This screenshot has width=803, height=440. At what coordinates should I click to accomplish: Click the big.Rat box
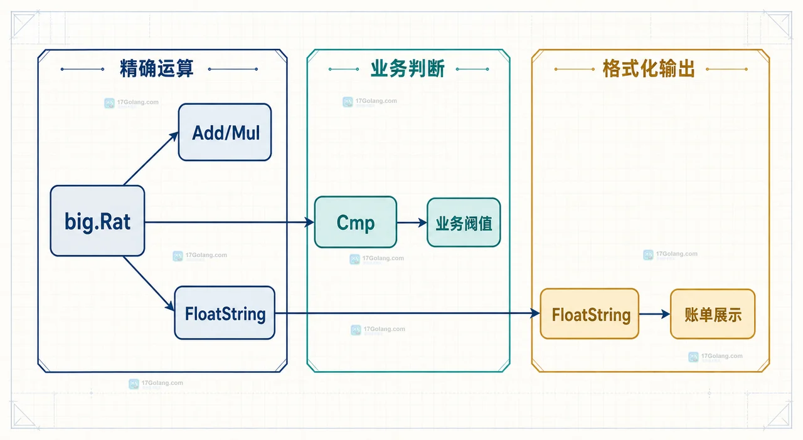[x=97, y=221]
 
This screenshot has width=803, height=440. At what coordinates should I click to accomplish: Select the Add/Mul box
[x=225, y=132]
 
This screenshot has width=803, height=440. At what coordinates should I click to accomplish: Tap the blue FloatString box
[x=225, y=313]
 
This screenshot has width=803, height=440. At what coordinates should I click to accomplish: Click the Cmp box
[x=356, y=222]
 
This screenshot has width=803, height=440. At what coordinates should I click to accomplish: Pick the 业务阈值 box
[x=464, y=223]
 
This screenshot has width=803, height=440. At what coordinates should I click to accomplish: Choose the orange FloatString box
[x=590, y=314]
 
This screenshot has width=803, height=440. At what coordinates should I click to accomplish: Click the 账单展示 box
[x=713, y=314]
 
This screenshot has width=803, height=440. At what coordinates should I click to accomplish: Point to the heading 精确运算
[x=157, y=68]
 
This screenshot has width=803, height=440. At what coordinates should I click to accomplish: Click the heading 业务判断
[x=408, y=68]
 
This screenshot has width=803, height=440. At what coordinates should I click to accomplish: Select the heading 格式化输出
[x=649, y=68]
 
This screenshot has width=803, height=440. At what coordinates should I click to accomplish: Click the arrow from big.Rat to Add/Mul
[x=151, y=159]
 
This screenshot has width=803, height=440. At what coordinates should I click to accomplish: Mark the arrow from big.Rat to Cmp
[x=230, y=222]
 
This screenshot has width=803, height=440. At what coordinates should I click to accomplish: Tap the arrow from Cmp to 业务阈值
[x=412, y=223]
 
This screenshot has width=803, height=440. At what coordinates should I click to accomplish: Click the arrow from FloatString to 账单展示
[x=654, y=314]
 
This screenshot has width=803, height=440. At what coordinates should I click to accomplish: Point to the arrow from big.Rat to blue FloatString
[x=149, y=283]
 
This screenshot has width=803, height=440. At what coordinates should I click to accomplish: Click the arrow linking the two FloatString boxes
[x=408, y=313]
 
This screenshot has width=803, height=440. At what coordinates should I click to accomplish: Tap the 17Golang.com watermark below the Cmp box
[x=377, y=259]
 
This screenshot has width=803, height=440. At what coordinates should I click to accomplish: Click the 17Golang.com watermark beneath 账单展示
[x=716, y=357]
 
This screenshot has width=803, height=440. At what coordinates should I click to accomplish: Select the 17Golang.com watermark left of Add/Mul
[x=131, y=103]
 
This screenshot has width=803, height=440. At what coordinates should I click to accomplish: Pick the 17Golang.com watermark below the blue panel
[x=156, y=384]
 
